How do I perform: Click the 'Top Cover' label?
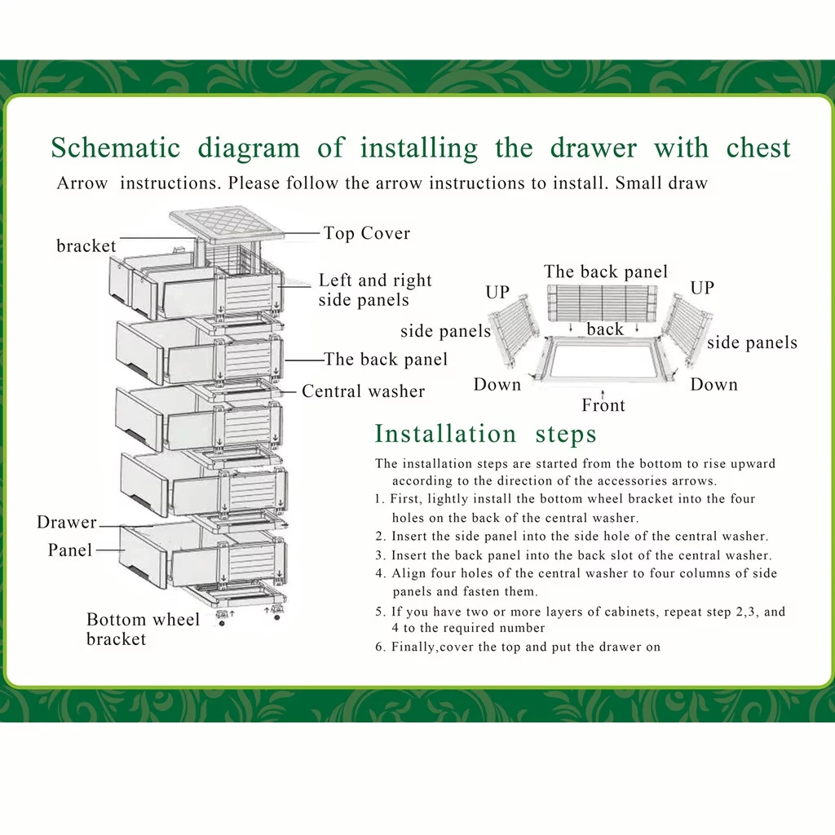366,233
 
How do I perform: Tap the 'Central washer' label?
363,391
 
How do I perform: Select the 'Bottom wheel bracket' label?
143,629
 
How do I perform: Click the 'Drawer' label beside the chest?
67,522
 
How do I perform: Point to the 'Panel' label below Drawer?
70,550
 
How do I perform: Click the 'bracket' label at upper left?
86,245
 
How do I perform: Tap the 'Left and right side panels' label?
374,290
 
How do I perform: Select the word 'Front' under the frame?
603,405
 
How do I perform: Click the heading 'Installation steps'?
486,433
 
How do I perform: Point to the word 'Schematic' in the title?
116,148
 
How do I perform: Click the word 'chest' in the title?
758,148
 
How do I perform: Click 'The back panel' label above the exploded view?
606,272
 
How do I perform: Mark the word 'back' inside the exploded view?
605,329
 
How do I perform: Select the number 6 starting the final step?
379,647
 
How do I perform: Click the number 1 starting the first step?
379,499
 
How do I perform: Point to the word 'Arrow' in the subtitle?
82,183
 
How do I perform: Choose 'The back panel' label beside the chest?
386,359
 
